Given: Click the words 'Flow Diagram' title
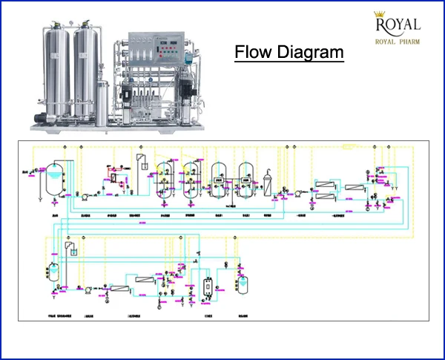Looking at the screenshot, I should (x=289, y=53).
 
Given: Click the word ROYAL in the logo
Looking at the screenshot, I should (x=398, y=26).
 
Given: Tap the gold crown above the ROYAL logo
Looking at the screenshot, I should (x=383, y=14).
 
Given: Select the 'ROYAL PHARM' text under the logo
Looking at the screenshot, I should (x=398, y=42).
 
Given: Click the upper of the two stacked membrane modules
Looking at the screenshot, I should (x=325, y=183).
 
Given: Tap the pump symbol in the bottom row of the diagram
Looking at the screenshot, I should (x=86, y=287).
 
